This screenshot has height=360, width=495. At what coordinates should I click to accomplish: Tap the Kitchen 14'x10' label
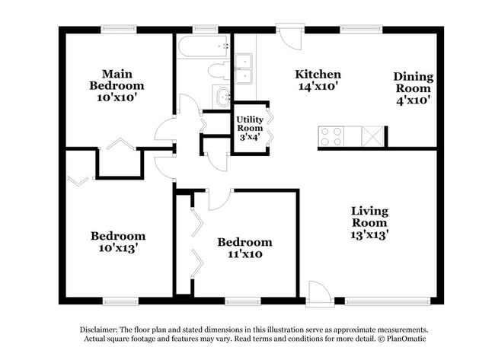coord(318,80)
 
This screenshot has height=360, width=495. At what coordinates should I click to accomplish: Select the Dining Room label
coord(414,88)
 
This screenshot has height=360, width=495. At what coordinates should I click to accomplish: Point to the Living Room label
coord(369,222)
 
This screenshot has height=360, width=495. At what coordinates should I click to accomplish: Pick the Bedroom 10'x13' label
coord(117,241)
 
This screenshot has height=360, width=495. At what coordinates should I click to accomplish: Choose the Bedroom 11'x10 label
coord(244,248)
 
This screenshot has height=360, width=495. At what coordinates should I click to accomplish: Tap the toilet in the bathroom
coord(217,71)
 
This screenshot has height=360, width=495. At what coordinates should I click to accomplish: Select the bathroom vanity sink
coord(223,97)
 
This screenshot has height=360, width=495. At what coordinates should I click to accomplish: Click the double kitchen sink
coord(244,68)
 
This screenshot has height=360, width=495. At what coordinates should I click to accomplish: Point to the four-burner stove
coord(330,136)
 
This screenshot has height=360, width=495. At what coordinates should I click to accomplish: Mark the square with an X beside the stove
coord(373,136)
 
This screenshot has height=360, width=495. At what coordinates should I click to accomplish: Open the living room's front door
coord(318,293)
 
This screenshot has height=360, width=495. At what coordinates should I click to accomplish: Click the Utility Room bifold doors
coord(268,127)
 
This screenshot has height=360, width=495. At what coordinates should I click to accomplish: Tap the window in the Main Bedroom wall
coord(119,30)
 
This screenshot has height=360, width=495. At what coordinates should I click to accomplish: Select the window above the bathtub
coord(205,30)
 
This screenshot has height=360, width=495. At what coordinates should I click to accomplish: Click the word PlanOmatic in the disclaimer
coord(406,339)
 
